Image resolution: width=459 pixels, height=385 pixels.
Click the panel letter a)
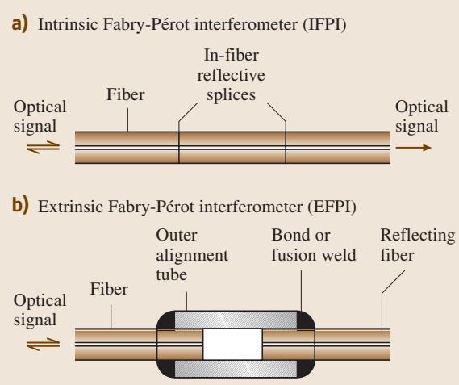tap(20, 24)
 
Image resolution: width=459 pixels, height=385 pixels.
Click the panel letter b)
tap(20, 206)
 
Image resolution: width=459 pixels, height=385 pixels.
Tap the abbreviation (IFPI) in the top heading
tap(324, 24)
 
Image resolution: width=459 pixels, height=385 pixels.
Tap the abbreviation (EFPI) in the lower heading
tap(332, 207)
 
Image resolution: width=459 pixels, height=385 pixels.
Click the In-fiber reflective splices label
tap(232, 75)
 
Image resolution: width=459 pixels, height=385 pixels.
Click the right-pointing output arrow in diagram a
tap(413, 148)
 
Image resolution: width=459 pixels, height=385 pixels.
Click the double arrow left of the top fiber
tap(43, 147)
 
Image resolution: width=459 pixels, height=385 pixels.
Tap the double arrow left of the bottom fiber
tap(43, 344)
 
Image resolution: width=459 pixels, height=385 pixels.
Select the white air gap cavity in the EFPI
tap(232, 344)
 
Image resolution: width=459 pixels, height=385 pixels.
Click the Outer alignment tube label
tap(192, 255)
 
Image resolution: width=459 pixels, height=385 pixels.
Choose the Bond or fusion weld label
tap(314, 245)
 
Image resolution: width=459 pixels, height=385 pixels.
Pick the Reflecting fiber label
tap(418, 245)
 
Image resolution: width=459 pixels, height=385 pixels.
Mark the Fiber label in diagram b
tap(109, 289)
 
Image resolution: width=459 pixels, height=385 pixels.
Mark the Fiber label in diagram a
tap(125, 94)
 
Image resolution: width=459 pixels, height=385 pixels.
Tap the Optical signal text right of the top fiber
tap(422, 116)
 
